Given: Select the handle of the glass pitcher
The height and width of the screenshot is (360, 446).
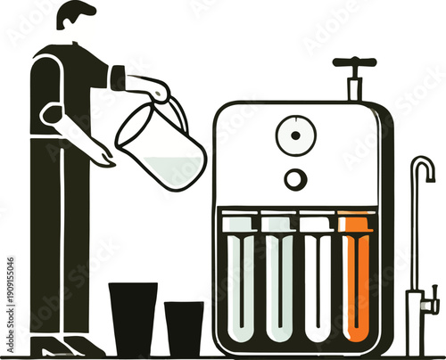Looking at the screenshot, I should point(178,110).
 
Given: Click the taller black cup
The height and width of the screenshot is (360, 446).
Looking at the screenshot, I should point(133,319).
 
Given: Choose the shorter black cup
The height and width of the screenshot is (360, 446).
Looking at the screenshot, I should point(184,328).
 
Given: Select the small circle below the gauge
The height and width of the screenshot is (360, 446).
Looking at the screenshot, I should point(293,179).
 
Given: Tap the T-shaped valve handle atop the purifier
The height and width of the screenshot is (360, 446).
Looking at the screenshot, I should point(354,64).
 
